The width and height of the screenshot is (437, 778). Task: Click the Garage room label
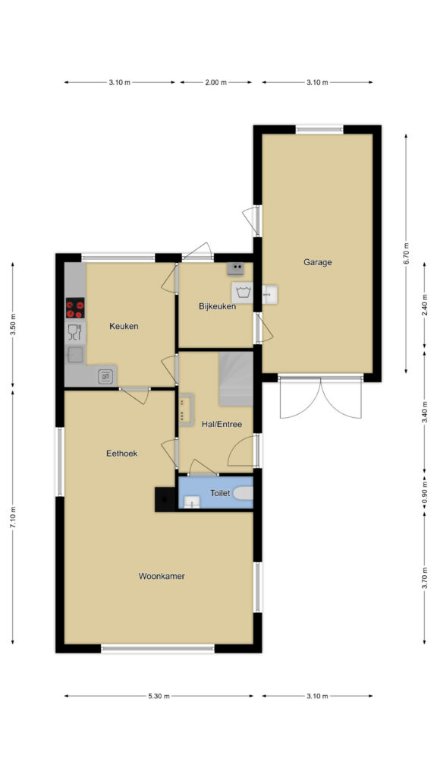pyautogui.click(x=318, y=262)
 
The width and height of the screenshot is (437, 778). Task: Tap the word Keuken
pyautogui.click(x=124, y=326)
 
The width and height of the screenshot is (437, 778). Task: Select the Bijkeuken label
pyautogui.click(x=217, y=306)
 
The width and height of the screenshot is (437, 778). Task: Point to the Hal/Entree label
pyautogui.click(x=222, y=424)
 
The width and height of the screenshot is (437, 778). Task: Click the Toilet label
pyautogui.click(x=220, y=492)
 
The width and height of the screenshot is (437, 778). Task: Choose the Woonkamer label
pyautogui.click(x=162, y=576)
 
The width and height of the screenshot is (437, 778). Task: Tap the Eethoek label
pyautogui.click(x=122, y=453)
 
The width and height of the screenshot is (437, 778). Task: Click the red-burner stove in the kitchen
pyautogui.click(x=75, y=308)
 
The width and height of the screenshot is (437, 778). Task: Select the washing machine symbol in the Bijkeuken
pyautogui.click(x=242, y=292)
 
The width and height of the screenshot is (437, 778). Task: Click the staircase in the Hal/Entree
pyautogui.click(x=237, y=379)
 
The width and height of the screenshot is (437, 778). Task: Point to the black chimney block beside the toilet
pyautogui.click(x=165, y=499)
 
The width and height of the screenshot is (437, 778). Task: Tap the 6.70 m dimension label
pyautogui.click(x=407, y=253)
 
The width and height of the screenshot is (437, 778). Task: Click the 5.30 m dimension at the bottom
pyautogui.click(x=159, y=696)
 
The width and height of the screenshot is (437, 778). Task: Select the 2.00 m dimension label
pyautogui.click(x=215, y=82)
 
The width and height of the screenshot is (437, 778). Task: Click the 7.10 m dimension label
pyautogui.click(x=14, y=517)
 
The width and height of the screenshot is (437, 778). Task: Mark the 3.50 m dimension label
pyautogui.click(x=14, y=325)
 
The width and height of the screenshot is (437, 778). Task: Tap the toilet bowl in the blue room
pyautogui.click(x=244, y=493)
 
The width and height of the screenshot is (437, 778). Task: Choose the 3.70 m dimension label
pyautogui.click(x=425, y=578)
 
